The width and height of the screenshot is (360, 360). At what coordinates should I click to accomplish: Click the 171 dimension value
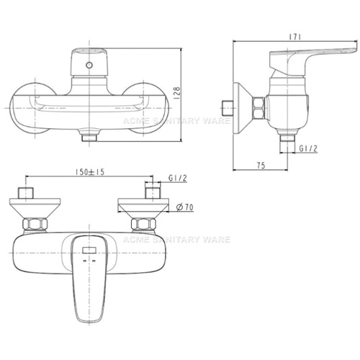point(294,37)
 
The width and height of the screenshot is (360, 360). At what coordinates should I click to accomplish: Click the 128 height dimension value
point(176,92)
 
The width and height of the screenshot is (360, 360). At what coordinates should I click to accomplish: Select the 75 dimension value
point(261,166)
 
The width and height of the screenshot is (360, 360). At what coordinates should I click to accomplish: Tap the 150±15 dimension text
point(90,172)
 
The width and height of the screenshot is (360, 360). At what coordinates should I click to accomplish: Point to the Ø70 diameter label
point(185,207)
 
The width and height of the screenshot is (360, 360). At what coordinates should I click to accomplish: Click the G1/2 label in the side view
point(308,148)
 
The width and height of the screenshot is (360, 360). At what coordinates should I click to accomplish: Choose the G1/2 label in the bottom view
point(178,178)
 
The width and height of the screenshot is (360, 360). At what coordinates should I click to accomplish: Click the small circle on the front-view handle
point(89,65)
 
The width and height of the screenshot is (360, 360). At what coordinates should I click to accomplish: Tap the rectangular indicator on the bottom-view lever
point(89,251)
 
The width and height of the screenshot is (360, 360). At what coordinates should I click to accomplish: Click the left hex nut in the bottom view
point(35,224)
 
